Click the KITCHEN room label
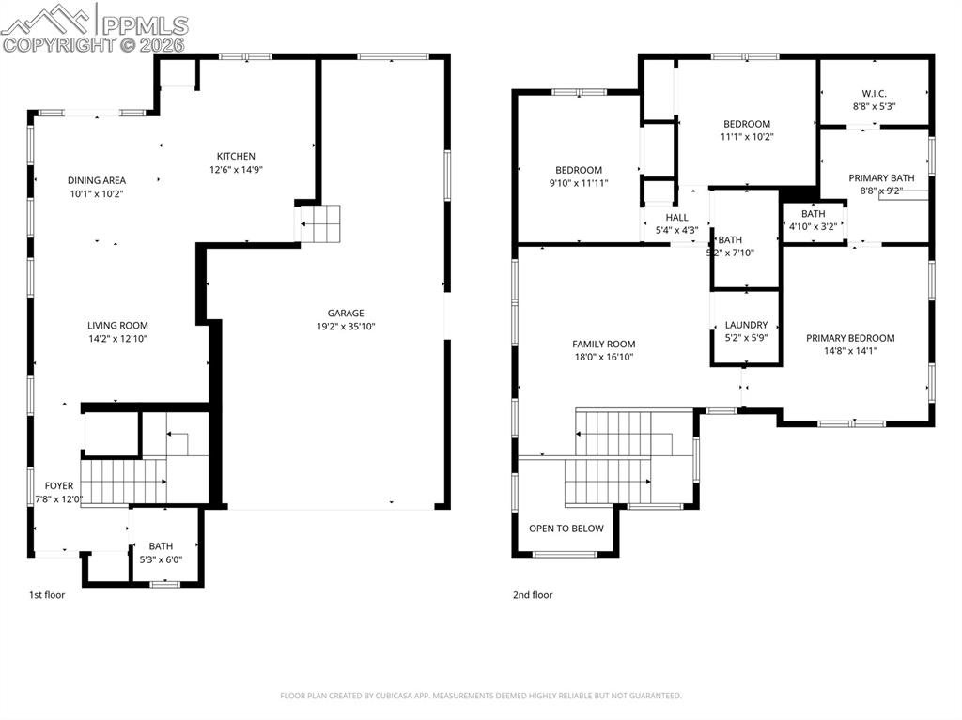[x=236, y=156]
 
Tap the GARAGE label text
[x=346, y=314]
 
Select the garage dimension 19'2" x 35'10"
[x=346, y=327]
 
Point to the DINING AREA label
[x=96, y=180]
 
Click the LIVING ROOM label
[x=118, y=326]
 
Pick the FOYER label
[x=58, y=485]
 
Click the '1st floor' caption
[x=47, y=594]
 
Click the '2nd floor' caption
[x=533, y=594]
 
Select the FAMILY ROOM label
[x=604, y=345]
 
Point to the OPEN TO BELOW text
[x=566, y=529]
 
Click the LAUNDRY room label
[x=746, y=325]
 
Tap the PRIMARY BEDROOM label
[x=850, y=338]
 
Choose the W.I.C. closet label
[x=874, y=93]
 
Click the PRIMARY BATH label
[x=881, y=177]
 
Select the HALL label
[x=676, y=217]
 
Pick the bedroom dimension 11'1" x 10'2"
[x=747, y=137]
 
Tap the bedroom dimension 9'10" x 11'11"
[x=578, y=183]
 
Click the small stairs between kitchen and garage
[x=318, y=224]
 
